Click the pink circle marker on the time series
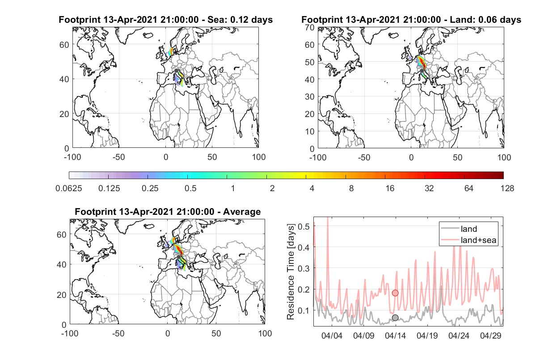(395, 293)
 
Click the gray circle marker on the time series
(395, 318)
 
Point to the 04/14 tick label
(395, 336)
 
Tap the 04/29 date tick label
(490, 336)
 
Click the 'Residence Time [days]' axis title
(291, 272)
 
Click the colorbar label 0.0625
(69, 188)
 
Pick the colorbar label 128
(507, 188)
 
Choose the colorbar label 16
(390, 188)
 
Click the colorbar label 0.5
(190, 188)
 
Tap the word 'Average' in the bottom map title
(242, 212)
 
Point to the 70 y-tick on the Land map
(310, 27)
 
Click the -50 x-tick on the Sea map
(119, 157)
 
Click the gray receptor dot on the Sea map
(176, 71)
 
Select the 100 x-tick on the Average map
(265, 333)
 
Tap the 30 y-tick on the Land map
(310, 96)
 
